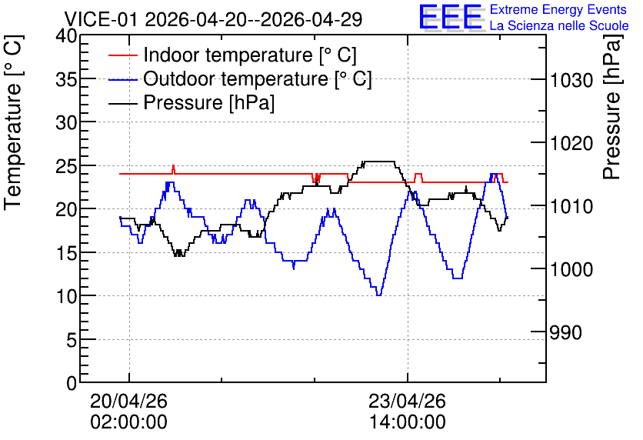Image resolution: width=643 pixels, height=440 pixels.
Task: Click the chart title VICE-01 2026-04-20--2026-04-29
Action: click(x=213, y=19)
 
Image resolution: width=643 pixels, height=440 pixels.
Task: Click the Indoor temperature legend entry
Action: click(x=232, y=55)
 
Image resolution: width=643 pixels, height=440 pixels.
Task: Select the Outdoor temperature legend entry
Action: click(x=240, y=78)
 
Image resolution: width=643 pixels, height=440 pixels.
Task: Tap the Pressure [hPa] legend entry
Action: click(x=192, y=102)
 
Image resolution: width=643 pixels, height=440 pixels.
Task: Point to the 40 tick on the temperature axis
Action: click(x=66, y=36)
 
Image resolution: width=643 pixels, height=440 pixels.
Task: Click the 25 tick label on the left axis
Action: click(x=66, y=166)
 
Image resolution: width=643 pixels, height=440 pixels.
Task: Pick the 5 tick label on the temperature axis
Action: click(x=72, y=339)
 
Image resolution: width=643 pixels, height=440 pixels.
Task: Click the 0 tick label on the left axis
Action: click(x=72, y=383)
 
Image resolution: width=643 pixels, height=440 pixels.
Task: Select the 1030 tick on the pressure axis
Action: click(x=571, y=80)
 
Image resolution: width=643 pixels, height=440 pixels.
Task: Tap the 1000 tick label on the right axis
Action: click(x=571, y=269)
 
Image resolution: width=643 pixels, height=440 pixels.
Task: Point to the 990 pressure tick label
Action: click(x=566, y=332)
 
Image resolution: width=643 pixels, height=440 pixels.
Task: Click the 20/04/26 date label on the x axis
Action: click(x=128, y=401)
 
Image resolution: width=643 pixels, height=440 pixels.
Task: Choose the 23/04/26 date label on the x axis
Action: click(x=407, y=401)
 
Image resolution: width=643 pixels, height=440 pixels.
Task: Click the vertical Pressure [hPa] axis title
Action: click(x=613, y=107)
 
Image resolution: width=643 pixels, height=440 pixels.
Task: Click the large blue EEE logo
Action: click(x=451, y=17)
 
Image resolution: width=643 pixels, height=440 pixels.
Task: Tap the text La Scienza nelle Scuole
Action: click(x=559, y=25)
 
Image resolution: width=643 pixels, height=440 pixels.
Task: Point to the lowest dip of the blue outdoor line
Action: click(x=379, y=295)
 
